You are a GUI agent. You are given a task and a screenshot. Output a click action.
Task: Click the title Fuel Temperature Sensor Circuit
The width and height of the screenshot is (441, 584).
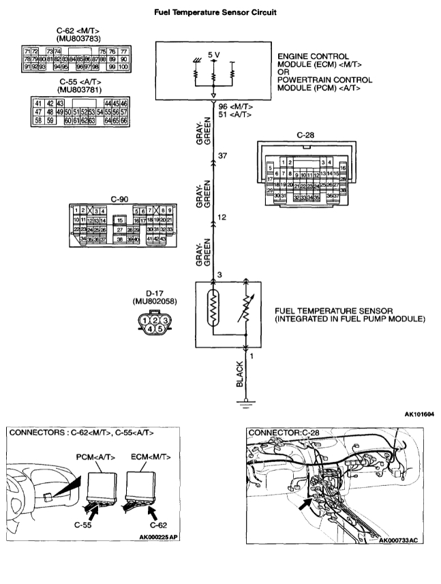point(219,12)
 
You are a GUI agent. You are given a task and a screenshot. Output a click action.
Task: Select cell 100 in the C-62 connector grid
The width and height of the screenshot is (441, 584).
point(123,67)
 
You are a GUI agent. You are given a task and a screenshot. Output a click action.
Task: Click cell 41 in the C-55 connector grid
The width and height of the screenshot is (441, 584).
point(39,102)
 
